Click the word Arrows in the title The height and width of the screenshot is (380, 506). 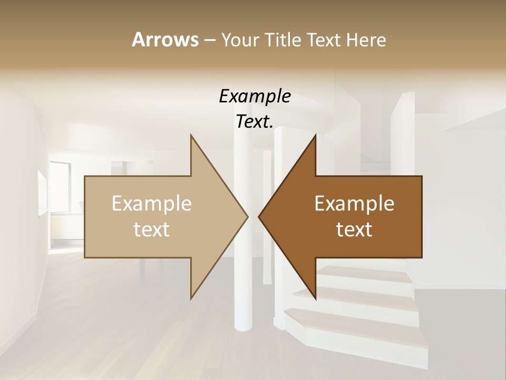coord(164,40)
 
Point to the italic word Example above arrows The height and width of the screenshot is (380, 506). coord(255,97)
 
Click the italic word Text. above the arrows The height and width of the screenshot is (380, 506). coord(255,122)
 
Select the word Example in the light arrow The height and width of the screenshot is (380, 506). coord(151,203)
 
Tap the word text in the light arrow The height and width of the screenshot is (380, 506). coord(151,230)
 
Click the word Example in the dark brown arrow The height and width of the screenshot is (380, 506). coord(354,203)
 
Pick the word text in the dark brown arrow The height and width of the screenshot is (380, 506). coord(354,230)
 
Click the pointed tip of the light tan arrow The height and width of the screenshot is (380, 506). coord(247,216)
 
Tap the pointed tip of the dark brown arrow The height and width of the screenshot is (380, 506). coord(259,216)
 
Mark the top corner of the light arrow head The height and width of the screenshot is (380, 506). coord(191,136)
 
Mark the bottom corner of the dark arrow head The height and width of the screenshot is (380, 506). coord(315,298)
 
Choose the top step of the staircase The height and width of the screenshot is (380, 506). coord(364,272)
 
